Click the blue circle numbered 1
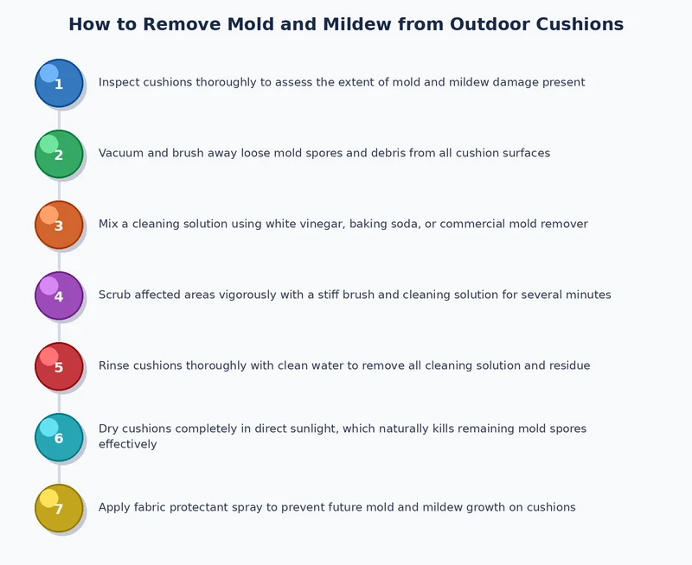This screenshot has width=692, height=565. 59,83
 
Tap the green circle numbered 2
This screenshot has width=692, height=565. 59,154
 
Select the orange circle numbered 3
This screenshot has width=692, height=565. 59,225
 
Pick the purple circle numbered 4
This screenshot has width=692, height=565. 59,295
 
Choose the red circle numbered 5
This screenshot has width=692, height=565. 59,366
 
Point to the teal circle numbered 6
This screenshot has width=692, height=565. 59,437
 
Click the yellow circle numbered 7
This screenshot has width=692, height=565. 59,508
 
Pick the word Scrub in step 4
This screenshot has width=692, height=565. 116,295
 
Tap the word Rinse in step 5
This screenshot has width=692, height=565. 115,366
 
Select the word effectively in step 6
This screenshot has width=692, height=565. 127,445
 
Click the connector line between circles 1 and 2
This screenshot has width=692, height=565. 59,118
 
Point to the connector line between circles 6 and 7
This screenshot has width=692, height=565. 59,473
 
